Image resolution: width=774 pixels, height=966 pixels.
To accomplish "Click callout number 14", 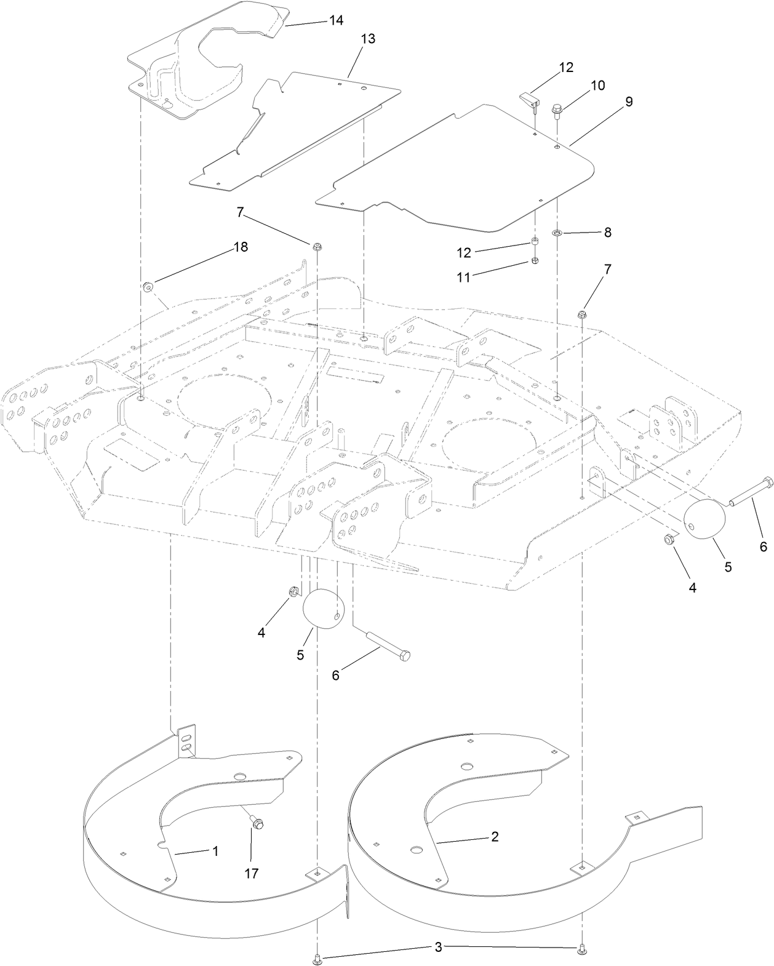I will (x=336, y=20).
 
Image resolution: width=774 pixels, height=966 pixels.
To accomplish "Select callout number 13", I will (x=367, y=39).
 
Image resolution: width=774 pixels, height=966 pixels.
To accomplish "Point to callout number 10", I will (x=597, y=86).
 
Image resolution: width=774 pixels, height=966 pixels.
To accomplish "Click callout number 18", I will (x=240, y=247).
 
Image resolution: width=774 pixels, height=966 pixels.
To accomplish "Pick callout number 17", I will (x=251, y=872).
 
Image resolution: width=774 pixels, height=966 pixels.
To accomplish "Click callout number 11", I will (x=463, y=277).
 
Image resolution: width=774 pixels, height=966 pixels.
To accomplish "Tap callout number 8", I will (x=607, y=233).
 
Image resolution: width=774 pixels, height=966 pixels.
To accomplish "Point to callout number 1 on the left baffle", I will (x=215, y=851).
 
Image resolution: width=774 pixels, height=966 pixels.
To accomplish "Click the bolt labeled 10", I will (x=556, y=111).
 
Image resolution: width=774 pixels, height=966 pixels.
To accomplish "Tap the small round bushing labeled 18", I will (x=148, y=287).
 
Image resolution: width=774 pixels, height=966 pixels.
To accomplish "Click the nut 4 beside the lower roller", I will (x=294, y=592).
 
